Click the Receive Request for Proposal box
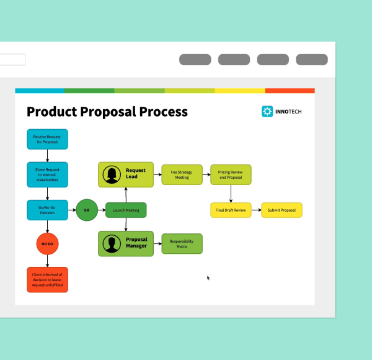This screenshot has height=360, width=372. coord(47,139)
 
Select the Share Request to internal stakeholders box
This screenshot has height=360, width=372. coord(47,174)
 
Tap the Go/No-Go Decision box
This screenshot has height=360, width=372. coord(47,210)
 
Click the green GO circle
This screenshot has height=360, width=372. coord(87,210)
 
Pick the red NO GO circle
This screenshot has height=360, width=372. coord(47,244)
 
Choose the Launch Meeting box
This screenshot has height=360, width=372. coord(126,210)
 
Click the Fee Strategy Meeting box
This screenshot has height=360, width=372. coord(182,174)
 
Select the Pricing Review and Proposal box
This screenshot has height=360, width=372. coord(231,174)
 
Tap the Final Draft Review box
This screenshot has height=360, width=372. coord(231,210)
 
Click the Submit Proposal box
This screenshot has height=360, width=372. coord(281,210)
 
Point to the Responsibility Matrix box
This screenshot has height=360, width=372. coord(182,243)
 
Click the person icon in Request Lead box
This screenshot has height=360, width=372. coord(112,174)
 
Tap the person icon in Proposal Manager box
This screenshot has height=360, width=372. coord(112,243)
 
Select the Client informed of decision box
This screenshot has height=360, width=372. coord(47,279)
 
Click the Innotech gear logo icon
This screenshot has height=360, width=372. coord(267,112)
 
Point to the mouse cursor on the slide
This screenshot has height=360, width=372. coord(208,277)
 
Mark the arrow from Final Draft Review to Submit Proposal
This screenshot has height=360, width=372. coord(256,210)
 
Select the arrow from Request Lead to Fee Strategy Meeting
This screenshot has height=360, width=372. coord(157,174)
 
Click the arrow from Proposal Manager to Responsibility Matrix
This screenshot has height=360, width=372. coord(157,243)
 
